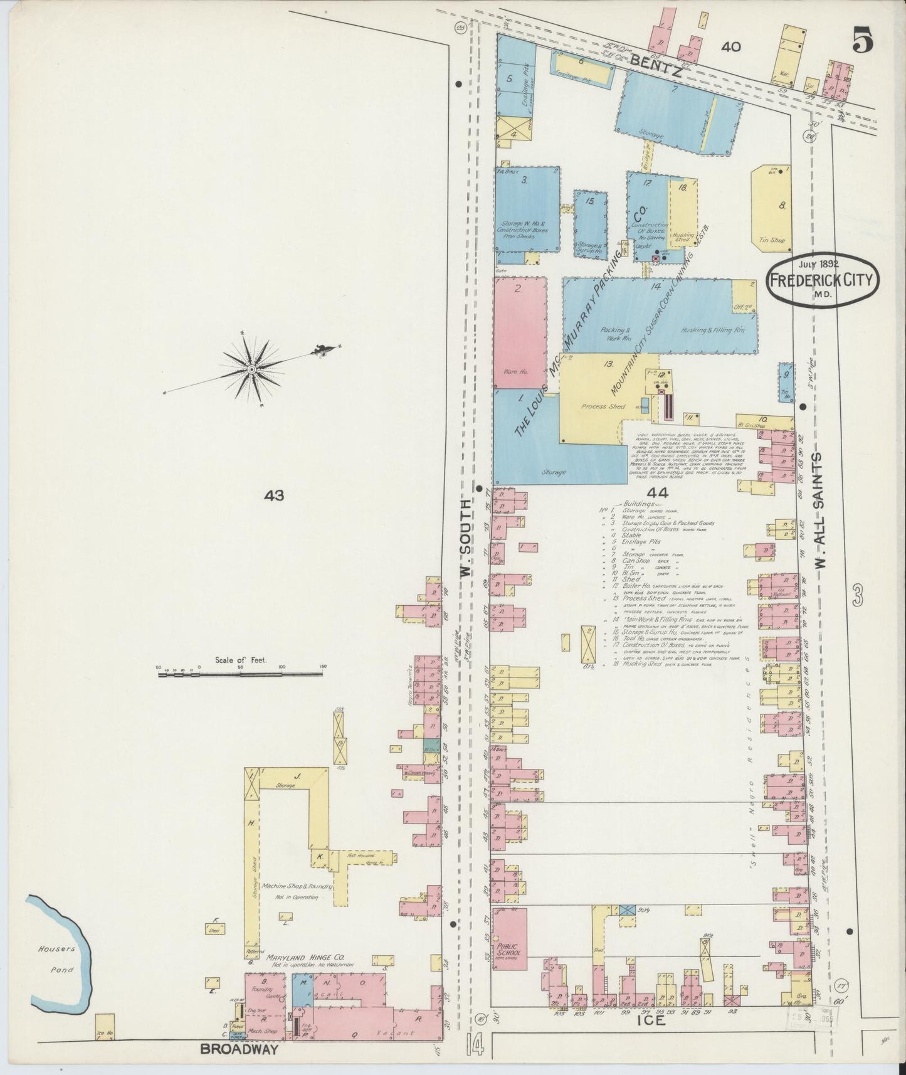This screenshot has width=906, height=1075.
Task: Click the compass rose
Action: point(251,369)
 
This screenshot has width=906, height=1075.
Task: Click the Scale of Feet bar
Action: point(240,674)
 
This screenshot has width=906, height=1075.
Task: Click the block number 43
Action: point(274,495)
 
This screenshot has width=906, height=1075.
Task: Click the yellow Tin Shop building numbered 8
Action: point(772,206)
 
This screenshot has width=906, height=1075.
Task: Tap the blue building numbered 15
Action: point(591,224)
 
